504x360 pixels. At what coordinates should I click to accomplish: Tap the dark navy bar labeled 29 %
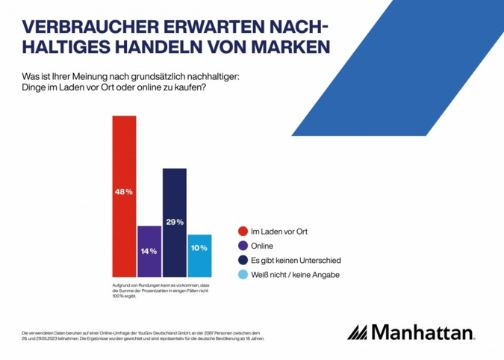pyautogui.click(x=174, y=246)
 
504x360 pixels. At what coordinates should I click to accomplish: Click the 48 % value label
pyautogui.click(x=124, y=192)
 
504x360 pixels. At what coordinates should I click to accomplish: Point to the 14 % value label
pyautogui.click(x=149, y=251)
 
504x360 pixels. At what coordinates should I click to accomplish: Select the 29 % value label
pyautogui.click(x=174, y=223)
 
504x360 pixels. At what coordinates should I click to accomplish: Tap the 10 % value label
pyautogui.click(x=199, y=248)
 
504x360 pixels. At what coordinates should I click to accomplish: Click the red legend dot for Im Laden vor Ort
pyautogui.click(x=241, y=232)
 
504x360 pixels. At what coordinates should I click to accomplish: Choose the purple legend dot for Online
pyautogui.click(x=241, y=246)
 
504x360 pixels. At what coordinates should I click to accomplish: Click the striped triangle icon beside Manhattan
pyautogui.click(x=358, y=332)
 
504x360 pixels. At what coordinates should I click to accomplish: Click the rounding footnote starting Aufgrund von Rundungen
pyautogui.click(x=161, y=292)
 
